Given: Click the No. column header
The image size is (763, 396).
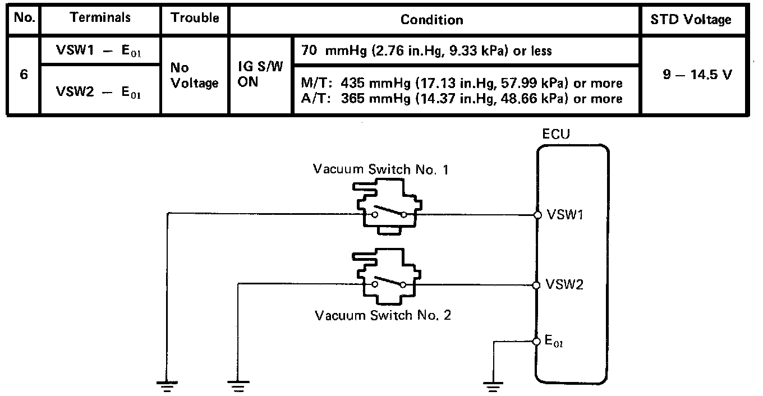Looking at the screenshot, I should [24, 19].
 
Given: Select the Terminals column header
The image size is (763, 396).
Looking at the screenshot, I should [100, 19].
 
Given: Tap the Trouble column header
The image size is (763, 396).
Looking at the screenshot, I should [195, 19].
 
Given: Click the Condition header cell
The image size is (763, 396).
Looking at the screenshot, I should [431, 20].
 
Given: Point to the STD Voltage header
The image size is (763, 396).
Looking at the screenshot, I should [698, 20].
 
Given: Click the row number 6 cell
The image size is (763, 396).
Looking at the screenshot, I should [24, 75].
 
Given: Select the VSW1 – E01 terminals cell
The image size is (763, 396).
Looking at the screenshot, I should [100, 51].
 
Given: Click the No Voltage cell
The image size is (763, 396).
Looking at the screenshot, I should [195, 76].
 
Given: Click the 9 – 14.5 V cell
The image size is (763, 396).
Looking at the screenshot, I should [697, 76].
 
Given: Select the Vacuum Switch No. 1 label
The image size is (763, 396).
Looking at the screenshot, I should [381, 169].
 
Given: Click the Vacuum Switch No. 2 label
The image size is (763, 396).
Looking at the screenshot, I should [383, 315].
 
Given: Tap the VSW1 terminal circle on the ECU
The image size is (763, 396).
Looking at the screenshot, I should [537, 214].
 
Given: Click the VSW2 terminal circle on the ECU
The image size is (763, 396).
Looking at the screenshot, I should [537, 285].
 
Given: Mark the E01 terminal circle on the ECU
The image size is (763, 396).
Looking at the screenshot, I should [537, 340].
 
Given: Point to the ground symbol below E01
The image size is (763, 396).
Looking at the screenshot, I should [492, 385].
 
